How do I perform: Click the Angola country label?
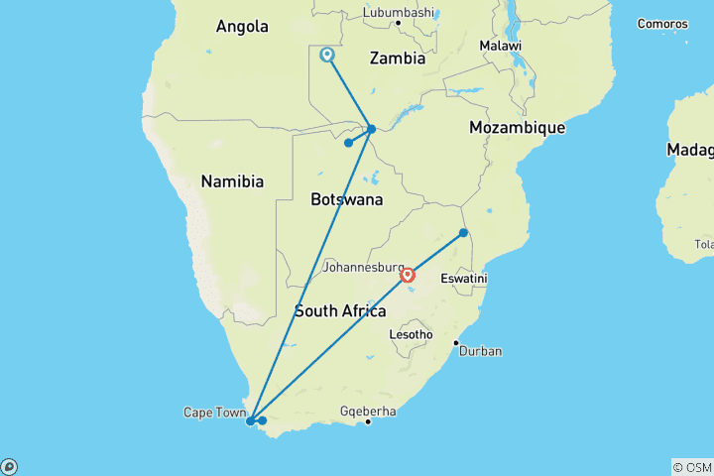[x=242, y=27]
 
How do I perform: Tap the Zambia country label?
[x=397, y=59]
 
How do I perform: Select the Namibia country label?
[x=232, y=181]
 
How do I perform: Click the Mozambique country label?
[x=517, y=128]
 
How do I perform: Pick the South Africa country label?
[x=340, y=311]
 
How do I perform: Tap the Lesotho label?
[x=412, y=335]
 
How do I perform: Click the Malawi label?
[x=500, y=47]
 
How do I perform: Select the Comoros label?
[x=661, y=23]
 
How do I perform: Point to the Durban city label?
[x=480, y=351]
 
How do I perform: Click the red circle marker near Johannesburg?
[x=408, y=274]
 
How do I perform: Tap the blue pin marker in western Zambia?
[x=327, y=56]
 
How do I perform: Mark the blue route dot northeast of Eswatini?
[x=463, y=233]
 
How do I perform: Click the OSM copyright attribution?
[x=691, y=466]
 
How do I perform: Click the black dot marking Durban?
[x=456, y=344]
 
